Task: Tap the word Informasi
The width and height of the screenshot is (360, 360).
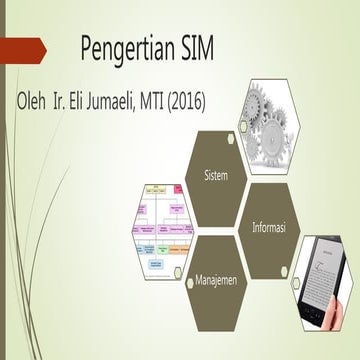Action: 269,229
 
